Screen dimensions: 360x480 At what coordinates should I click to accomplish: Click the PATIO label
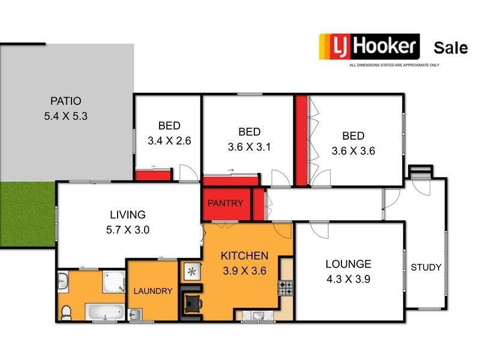[x=66, y=101]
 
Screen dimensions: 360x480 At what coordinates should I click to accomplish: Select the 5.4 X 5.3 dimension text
[x=66, y=116]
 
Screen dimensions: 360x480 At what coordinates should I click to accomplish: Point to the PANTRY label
[x=225, y=203]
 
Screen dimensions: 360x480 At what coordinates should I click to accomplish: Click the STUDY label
[x=426, y=267]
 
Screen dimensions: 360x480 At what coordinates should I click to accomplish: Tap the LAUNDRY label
[x=153, y=291]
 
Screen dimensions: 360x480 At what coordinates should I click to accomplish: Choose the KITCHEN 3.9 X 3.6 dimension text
[x=244, y=270]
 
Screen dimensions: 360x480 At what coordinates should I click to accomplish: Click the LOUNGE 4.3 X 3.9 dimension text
[x=348, y=279]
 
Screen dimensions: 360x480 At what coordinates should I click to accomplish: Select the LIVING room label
[x=127, y=214]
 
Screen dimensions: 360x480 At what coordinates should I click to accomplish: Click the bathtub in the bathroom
[x=104, y=311]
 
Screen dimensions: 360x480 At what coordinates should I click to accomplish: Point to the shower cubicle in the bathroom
[x=113, y=281]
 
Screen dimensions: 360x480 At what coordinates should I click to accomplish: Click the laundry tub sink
[x=135, y=314]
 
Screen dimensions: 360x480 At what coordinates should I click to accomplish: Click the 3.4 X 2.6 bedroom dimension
[x=169, y=141]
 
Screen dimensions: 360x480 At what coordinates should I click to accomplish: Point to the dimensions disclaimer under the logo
[x=394, y=64]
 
